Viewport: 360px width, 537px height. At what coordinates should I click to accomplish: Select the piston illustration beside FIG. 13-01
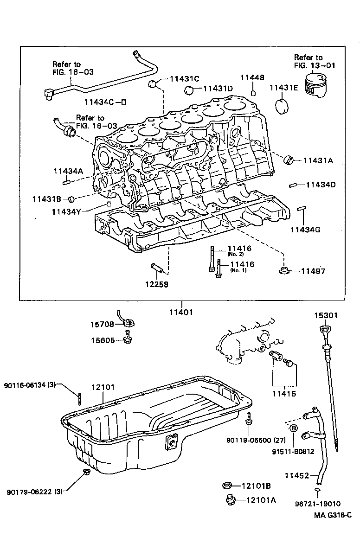[x=319, y=86]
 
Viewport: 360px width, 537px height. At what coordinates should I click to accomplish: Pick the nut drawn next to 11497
[x=284, y=270]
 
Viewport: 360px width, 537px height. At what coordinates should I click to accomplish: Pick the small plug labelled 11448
[x=253, y=93]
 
